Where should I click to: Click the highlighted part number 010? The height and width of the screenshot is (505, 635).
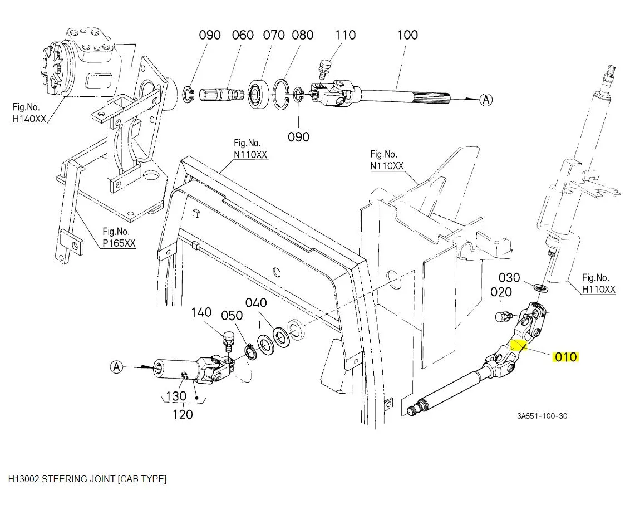pos(565,357)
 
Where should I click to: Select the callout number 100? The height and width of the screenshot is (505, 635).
pos(407,35)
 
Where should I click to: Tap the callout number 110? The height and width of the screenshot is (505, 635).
pos(345,35)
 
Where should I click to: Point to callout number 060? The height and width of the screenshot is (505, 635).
pos(243,35)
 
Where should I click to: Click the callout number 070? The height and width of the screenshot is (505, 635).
pos(274,35)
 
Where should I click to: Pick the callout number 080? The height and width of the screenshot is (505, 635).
pos(303,35)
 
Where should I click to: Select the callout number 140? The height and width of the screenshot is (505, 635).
pos(201,312)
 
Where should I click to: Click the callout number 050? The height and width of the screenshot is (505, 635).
pos(232,316)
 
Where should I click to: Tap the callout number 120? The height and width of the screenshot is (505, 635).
pos(183,414)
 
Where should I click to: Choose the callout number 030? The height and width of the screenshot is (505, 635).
pos(509,277)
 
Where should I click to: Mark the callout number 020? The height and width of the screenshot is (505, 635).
pos(501,292)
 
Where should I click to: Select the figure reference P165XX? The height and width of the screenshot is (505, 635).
pos(119,243)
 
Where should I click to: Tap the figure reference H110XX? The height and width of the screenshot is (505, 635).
pos(599,290)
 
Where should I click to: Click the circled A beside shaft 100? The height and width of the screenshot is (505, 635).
pos(486,100)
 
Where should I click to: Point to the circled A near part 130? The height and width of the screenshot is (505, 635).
pos(116,367)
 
